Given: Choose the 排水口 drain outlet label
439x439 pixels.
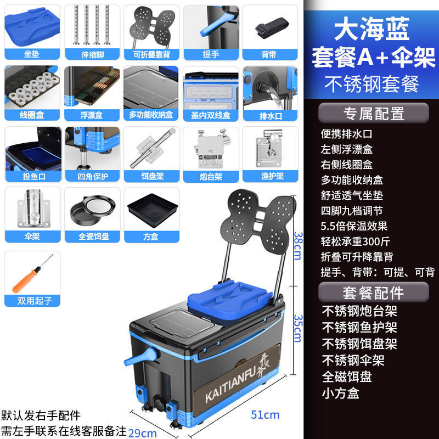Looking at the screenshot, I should pos(270,115).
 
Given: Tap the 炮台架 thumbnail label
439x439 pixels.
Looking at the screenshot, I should pos(210,176).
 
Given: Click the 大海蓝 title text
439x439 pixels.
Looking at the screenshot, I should pos(372,30).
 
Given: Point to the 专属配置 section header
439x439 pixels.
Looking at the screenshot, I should pos(373,113).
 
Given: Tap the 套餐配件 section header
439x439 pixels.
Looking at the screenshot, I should pos(373,291).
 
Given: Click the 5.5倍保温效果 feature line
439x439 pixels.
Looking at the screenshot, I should pos(354,226).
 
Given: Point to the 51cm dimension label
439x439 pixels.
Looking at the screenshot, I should pos(266,414).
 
